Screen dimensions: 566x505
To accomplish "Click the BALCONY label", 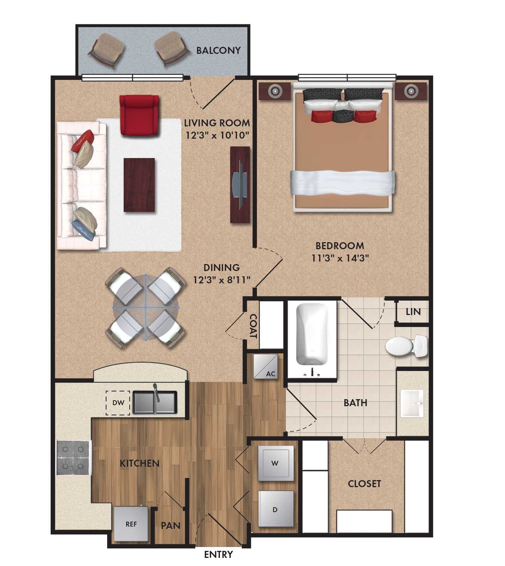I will [x=218, y=50].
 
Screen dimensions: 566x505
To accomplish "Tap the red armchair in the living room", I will [x=139, y=115].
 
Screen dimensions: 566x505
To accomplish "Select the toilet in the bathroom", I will [x=405, y=346].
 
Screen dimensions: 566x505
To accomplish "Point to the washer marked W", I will [x=276, y=463].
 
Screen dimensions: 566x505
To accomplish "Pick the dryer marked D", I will [x=276, y=509].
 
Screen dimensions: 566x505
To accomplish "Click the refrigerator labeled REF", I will [x=131, y=524].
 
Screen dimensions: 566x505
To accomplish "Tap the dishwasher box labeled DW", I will [x=118, y=403].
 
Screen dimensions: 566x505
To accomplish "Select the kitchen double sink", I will [x=155, y=403].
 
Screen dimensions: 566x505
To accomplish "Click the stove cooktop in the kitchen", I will [x=74, y=458].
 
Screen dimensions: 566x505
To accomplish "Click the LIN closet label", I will [x=413, y=312].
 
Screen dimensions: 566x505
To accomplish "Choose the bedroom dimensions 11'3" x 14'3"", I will [x=340, y=258].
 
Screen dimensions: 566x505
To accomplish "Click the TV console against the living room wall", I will [x=240, y=185].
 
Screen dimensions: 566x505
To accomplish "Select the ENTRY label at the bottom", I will [x=218, y=554].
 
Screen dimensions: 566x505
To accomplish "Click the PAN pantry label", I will [x=171, y=526].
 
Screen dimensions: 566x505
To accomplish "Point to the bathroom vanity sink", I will [x=412, y=403].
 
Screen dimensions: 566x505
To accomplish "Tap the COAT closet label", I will [x=253, y=326].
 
